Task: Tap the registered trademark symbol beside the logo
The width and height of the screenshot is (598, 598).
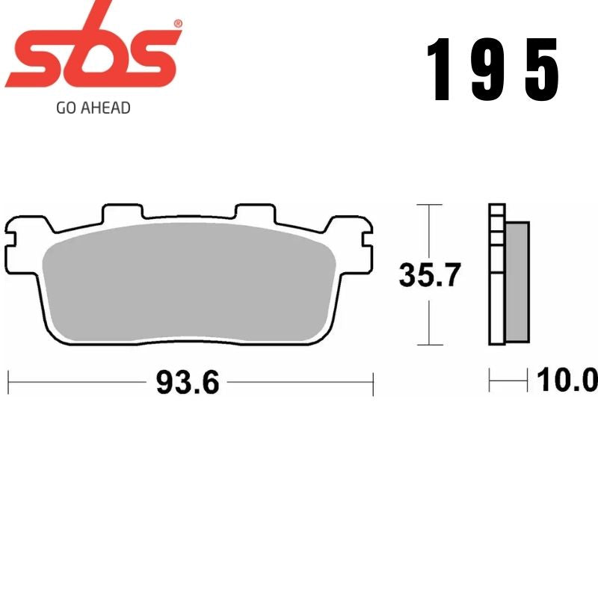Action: tap(177, 25)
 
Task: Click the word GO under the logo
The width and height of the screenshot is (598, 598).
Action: tap(66, 108)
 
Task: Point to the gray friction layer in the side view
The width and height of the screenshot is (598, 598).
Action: tap(517, 280)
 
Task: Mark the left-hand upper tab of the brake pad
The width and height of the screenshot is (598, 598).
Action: tap(122, 212)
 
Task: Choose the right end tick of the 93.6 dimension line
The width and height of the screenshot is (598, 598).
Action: tap(372, 383)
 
